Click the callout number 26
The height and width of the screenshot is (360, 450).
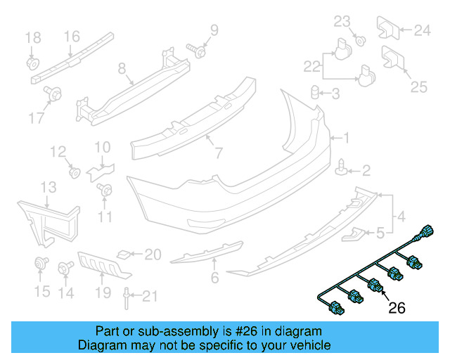397,307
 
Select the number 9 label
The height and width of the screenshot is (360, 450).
214,30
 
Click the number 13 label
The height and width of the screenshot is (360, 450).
48,187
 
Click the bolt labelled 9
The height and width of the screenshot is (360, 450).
197,50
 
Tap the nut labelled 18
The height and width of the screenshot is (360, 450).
32,63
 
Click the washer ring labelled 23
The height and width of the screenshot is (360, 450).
359,39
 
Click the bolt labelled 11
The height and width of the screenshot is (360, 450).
104,190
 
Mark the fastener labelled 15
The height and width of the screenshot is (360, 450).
39,264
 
